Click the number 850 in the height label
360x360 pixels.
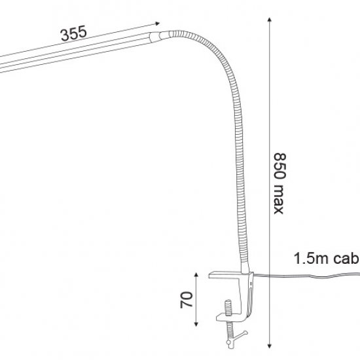tap(279, 168)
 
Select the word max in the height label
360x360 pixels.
tap(279, 200)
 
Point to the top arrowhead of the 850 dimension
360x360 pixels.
tap(269, 17)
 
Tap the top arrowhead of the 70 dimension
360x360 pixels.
tap(196, 270)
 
